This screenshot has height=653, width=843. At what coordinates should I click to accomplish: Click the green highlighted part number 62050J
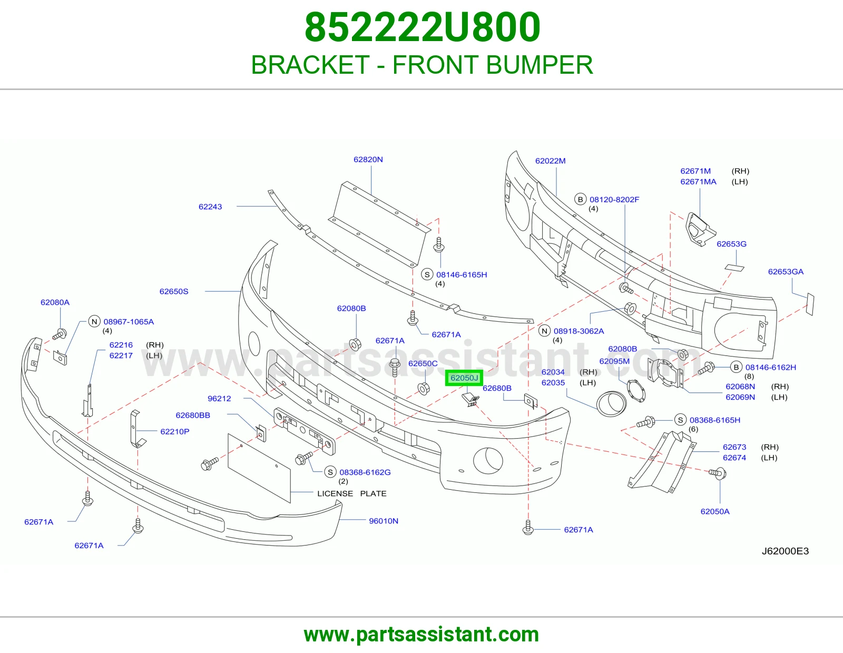(x=464, y=378)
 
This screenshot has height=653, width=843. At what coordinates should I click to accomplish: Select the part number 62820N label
(x=368, y=160)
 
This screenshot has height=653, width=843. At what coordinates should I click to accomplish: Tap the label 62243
(x=210, y=206)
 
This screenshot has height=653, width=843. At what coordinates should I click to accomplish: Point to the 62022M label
(x=550, y=161)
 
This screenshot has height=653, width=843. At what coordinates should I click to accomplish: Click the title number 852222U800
(x=422, y=27)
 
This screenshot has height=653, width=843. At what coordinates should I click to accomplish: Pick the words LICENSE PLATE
(x=352, y=493)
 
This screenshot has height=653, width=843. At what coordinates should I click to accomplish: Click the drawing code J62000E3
(x=785, y=551)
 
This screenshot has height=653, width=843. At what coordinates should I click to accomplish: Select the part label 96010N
(x=383, y=521)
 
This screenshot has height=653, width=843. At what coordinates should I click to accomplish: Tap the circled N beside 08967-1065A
(x=94, y=321)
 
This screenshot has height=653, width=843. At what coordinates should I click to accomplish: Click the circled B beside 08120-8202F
(x=581, y=199)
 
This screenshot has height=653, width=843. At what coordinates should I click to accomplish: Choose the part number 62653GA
(x=786, y=272)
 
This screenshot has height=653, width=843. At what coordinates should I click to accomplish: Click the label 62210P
(x=174, y=432)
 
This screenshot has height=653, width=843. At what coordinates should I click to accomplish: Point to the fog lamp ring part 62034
(x=611, y=404)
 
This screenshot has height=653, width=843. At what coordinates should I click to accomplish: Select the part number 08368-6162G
(x=365, y=472)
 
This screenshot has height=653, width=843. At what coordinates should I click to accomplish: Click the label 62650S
(x=174, y=291)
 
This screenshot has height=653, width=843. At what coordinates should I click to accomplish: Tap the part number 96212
(x=219, y=399)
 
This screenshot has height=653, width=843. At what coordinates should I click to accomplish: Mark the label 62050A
(x=715, y=511)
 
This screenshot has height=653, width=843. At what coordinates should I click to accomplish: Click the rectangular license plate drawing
(x=259, y=469)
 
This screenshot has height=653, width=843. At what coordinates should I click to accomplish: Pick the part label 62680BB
(x=193, y=415)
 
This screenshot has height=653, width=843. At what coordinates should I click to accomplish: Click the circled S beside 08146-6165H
(x=427, y=274)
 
